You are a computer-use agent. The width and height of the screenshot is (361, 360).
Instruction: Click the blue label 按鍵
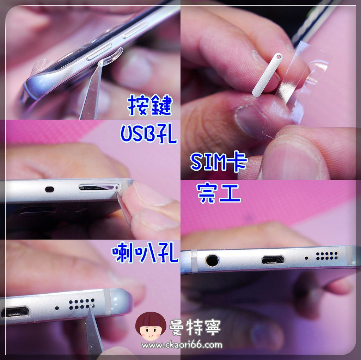150,105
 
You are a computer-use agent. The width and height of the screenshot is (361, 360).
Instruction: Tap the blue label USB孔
148,134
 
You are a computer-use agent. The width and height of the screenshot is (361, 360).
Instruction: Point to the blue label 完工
219,193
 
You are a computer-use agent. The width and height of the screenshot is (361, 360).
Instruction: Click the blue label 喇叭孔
145,253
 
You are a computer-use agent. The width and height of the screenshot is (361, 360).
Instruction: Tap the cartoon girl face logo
151,326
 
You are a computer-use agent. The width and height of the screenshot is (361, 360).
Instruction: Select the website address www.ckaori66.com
182,345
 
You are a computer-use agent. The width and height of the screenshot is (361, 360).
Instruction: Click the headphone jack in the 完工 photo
212,260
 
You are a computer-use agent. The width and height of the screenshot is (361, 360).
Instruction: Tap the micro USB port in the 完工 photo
273,260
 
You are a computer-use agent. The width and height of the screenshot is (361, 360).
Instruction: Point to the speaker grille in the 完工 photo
327,256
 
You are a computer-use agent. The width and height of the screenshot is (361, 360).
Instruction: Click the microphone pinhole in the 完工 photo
306,258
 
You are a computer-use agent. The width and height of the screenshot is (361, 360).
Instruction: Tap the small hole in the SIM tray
279,56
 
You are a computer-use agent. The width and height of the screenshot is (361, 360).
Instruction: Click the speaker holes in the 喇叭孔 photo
82,304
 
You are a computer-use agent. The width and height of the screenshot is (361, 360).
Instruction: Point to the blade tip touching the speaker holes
92,306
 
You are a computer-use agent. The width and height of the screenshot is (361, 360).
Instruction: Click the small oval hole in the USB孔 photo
49,189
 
